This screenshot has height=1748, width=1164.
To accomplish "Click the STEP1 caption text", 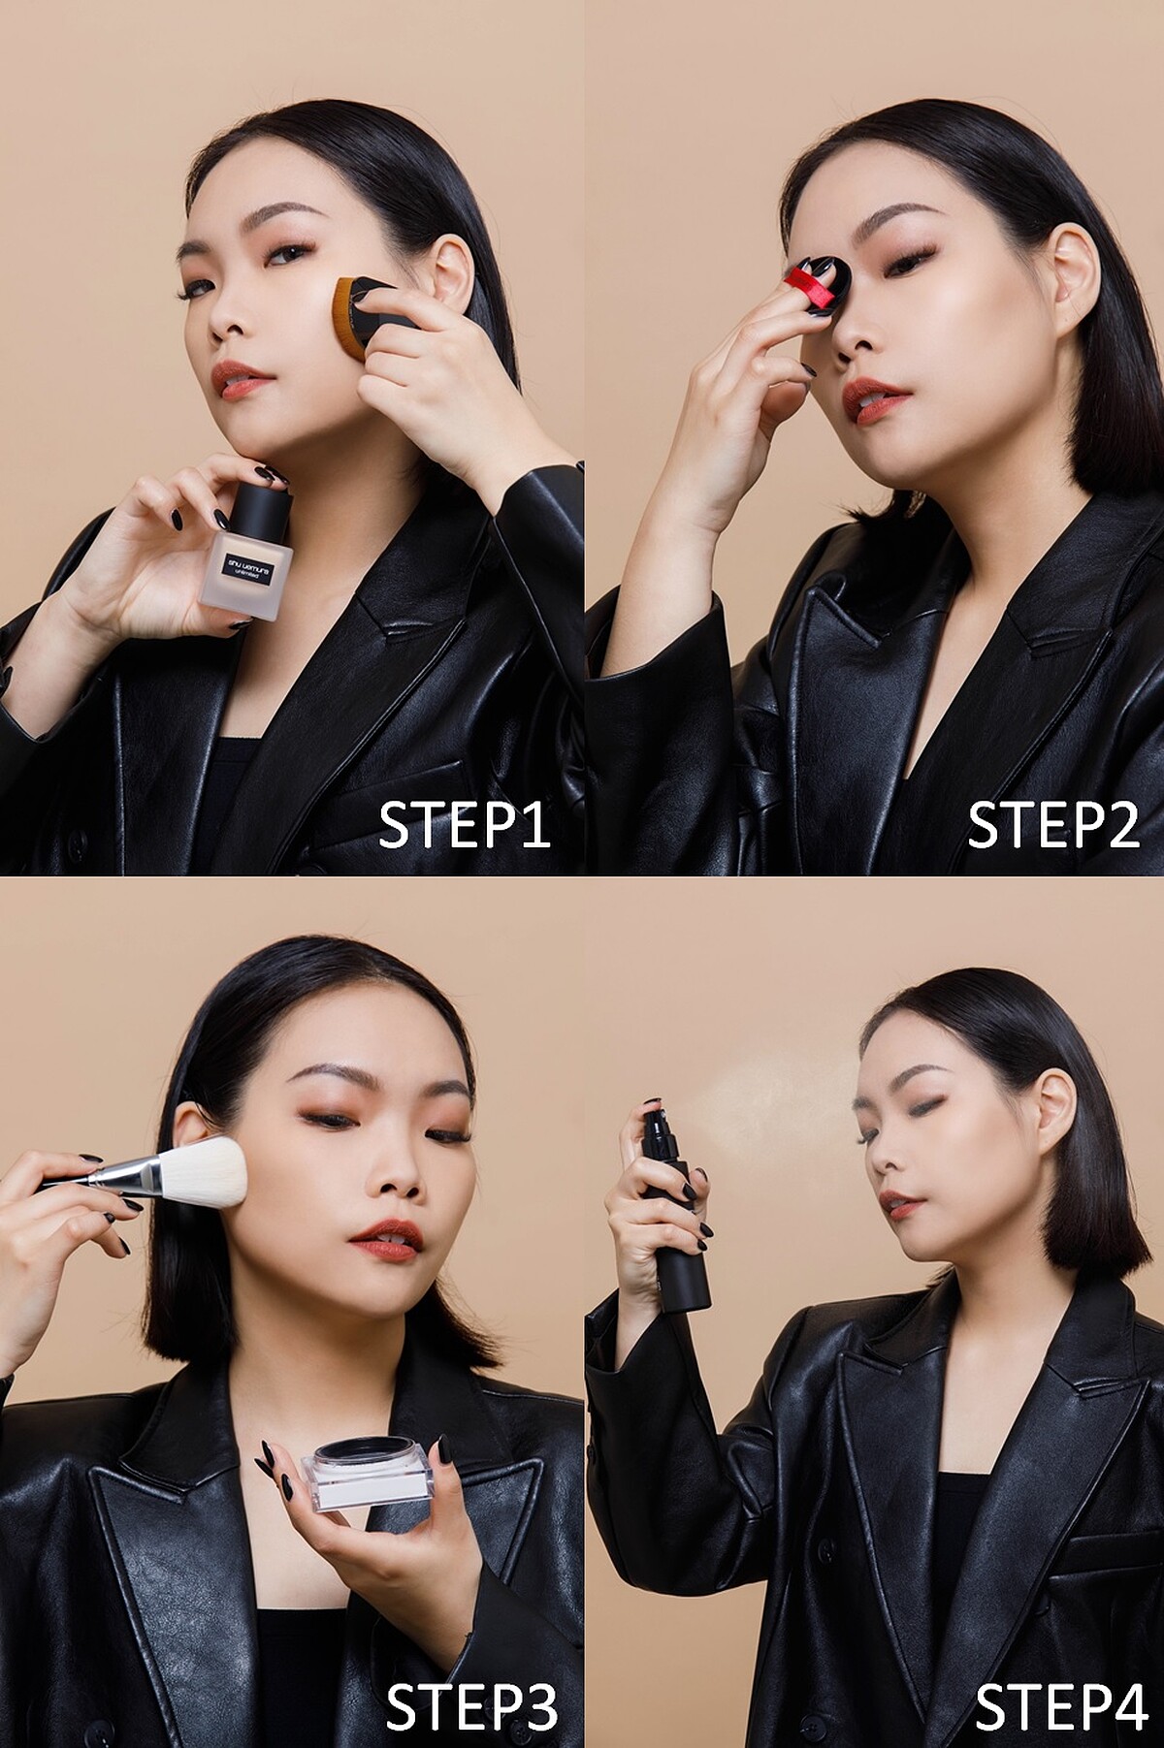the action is [464, 825].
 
